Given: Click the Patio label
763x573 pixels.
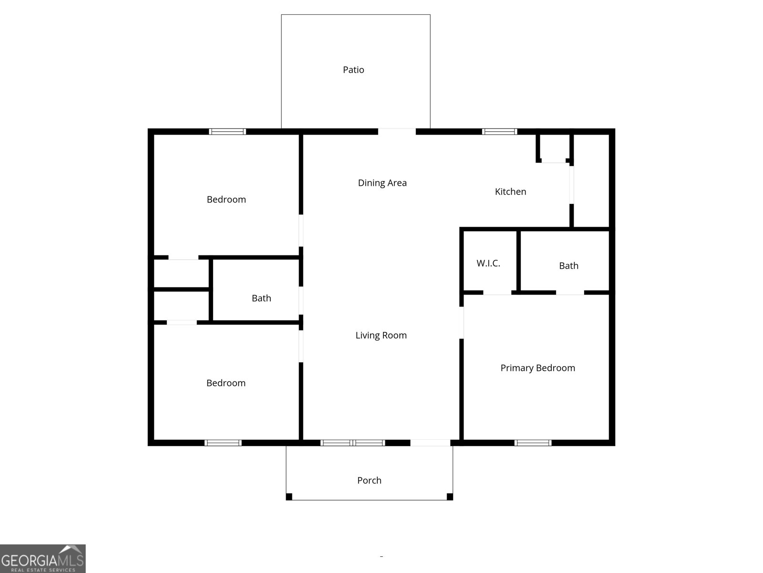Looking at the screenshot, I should pyautogui.click(x=353, y=70).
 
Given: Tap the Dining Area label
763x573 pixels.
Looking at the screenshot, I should pyautogui.click(x=382, y=183).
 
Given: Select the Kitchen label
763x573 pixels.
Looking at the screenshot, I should pyautogui.click(x=510, y=191).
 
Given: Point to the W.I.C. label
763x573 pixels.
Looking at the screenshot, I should pyautogui.click(x=488, y=263).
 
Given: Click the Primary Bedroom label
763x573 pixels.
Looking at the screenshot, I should pyautogui.click(x=537, y=368).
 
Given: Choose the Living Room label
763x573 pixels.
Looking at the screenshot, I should pyautogui.click(x=381, y=335).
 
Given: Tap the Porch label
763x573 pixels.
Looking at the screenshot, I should pyautogui.click(x=369, y=480).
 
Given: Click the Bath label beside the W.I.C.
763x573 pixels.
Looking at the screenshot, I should pyautogui.click(x=568, y=265).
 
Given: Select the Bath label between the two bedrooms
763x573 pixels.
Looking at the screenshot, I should pyautogui.click(x=261, y=298).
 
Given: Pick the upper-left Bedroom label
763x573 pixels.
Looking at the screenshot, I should pyautogui.click(x=226, y=200).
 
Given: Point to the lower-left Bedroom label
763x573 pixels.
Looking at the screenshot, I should pyautogui.click(x=226, y=383).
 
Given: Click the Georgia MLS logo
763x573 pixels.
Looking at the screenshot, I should pyautogui.click(x=42, y=558).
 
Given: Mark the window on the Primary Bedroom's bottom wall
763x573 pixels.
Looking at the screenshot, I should pyautogui.click(x=533, y=443).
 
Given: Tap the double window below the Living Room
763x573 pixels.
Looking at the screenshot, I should pyautogui.click(x=352, y=443).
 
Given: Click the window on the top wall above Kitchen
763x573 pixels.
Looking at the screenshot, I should pyautogui.click(x=499, y=132).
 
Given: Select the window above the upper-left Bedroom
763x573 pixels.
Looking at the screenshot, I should pyautogui.click(x=227, y=132).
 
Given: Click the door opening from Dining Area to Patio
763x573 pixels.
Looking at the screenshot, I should pyautogui.click(x=397, y=132).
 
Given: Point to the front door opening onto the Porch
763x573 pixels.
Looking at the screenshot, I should pyautogui.click(x=430, y=443).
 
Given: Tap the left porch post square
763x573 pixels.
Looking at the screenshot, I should pyautogui.click(x=289, y=497).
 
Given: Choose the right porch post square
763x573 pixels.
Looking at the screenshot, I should pyautogui.click(x=450, y=497).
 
